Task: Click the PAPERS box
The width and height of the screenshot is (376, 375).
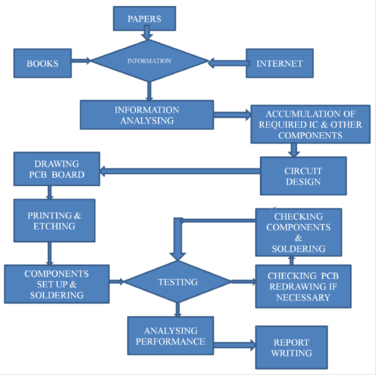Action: pos(144,19)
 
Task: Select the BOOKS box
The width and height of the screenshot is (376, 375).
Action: pos(43,63)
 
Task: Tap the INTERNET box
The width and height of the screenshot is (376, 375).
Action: pos(279,63)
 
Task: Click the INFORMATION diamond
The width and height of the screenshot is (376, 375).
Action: pos(149,61)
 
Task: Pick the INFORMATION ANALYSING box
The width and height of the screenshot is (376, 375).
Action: pos(147,115)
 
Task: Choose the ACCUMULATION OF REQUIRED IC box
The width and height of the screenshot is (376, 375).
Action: pos(310,124)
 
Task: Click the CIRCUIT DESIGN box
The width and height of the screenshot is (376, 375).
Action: pos(303,175)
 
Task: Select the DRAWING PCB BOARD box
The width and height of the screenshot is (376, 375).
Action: pos(56,169)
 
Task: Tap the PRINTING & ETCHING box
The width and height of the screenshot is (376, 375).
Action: pos(54,221)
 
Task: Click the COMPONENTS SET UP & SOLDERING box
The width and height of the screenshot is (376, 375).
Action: pos(56,284)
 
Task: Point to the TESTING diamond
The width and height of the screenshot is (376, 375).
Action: pos(178,282)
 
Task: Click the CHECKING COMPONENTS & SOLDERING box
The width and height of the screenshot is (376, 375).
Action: pos(298,232)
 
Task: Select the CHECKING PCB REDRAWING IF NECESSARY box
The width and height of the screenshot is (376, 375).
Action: pos(303,286)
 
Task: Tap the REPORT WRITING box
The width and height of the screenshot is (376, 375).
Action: pos(292,347)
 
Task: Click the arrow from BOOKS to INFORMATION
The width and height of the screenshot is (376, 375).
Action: pos(82,61)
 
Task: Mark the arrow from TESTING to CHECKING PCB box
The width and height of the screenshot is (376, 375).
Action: pos(243,282)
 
